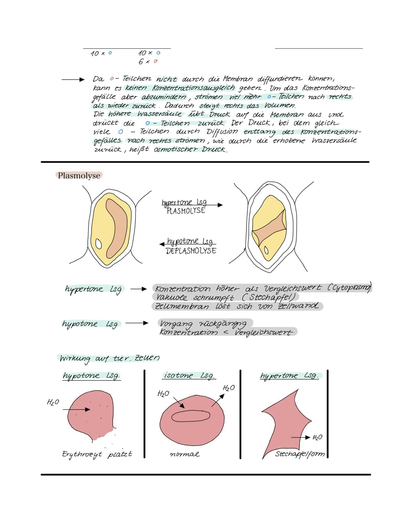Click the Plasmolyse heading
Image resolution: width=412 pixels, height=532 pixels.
tap(79, 176)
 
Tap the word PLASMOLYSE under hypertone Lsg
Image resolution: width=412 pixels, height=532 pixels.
tap(186, 211)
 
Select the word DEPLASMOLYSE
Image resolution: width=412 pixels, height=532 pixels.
tap(191, 251)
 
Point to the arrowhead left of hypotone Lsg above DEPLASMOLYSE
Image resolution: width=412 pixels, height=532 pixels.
tap(162, 244)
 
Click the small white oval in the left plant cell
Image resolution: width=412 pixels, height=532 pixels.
tap(99, 243)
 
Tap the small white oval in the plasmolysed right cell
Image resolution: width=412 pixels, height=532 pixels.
tap(267, 251)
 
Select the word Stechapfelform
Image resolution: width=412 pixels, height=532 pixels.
tap(300, 454)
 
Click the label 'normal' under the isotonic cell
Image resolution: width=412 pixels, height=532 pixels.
tap(184, 454)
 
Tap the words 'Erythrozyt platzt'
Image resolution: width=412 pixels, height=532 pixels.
tap(97, 454)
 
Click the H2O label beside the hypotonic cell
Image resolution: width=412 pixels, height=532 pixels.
tap(53, 402)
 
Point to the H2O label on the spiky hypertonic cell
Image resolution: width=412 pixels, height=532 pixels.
tap(317, 437)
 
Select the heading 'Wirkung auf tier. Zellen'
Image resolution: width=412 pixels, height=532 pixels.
tap(109, 358)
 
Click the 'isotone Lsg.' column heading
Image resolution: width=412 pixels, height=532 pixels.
tap(189, 375)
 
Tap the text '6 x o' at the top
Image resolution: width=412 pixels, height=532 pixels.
tap(148, 61)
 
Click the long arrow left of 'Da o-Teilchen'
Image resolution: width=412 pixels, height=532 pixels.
tap(72, 80)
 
